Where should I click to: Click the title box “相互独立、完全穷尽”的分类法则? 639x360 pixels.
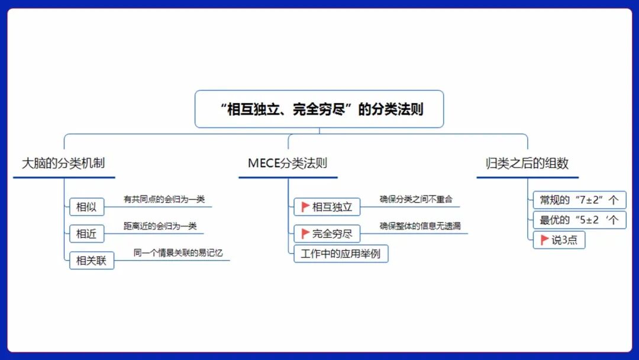(319, 109)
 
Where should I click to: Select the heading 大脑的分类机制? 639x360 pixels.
(63, 163)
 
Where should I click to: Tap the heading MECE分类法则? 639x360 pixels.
(288, 163)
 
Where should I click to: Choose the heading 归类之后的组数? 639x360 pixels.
(527, 163)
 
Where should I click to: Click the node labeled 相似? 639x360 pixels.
(86, 207)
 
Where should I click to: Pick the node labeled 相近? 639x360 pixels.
(86, 234)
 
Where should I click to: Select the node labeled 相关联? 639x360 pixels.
(91, 260)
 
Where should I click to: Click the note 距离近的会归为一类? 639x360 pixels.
(160, 226)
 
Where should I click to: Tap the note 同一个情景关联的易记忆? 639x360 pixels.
(178, 253)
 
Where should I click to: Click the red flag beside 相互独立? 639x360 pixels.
(305, 207)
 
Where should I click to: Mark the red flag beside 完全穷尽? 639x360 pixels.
(305, 233)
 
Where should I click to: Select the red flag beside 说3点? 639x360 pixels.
(544, 240)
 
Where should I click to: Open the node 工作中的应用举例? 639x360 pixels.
(341, 254)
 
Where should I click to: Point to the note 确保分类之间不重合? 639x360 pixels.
(416, 200)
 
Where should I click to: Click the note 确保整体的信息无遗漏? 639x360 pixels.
(420, 226)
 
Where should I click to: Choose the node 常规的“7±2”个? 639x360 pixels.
(579, 200)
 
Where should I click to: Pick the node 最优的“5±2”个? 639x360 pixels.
(579, 220)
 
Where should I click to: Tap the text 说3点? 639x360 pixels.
(564, 240)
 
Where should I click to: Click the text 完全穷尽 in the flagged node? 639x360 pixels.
(333, 234)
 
